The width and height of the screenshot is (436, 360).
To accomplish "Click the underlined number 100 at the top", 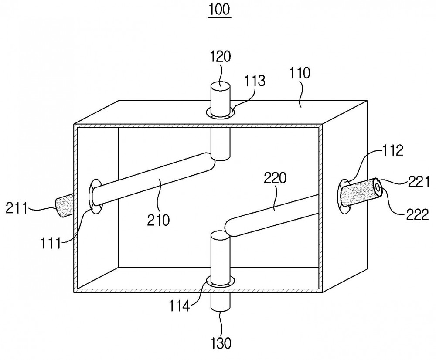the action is [x=219, y=10].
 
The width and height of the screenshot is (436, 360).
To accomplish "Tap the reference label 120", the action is [x=220, y=57].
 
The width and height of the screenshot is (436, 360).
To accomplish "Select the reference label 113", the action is [x=255, y=81].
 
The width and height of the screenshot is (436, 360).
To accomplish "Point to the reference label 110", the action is [x=300, y=73].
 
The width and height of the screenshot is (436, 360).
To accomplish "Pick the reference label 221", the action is [x=419, y=182].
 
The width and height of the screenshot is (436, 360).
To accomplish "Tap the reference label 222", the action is [x=418, y=214].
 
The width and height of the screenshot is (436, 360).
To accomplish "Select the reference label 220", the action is [x=275, y=178].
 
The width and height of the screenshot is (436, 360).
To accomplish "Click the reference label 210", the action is [x=158, y=220].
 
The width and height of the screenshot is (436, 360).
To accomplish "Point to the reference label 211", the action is [x=17, y=208].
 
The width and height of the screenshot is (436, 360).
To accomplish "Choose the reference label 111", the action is [x=51, y=244].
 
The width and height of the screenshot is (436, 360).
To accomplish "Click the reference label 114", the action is [x=180, y=306].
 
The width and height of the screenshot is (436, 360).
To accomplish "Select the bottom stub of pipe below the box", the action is [x=221, y=302].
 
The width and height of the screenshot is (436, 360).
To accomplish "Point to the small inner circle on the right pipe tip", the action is [x=378, y=187].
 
